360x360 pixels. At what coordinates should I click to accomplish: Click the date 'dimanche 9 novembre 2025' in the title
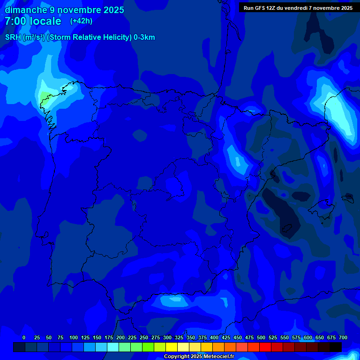coord(64,10)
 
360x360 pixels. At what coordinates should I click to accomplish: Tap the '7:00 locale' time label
coord(33,21)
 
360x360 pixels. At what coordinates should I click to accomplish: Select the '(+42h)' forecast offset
coord(82,21)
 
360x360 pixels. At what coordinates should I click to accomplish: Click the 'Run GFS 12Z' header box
coord(298,7)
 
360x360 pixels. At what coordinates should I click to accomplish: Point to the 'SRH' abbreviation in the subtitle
coord(13,37)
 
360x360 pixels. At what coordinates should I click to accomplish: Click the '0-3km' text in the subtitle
coord(144,37)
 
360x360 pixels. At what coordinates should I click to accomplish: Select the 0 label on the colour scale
coord(24,337)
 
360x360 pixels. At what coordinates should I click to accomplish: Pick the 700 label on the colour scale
coord(343,337)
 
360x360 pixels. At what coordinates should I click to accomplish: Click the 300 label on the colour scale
coord(167,337)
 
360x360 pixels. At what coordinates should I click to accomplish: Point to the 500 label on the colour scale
coord(261,337)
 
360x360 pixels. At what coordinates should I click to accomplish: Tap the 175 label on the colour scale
coord(109,337)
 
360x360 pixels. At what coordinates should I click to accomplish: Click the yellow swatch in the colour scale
coord(172,347)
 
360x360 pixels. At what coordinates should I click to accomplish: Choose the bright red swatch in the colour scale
coord(265,347)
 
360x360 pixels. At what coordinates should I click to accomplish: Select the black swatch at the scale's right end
coord(336,347)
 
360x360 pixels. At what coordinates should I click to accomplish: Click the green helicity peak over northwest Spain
coord(44,97)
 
